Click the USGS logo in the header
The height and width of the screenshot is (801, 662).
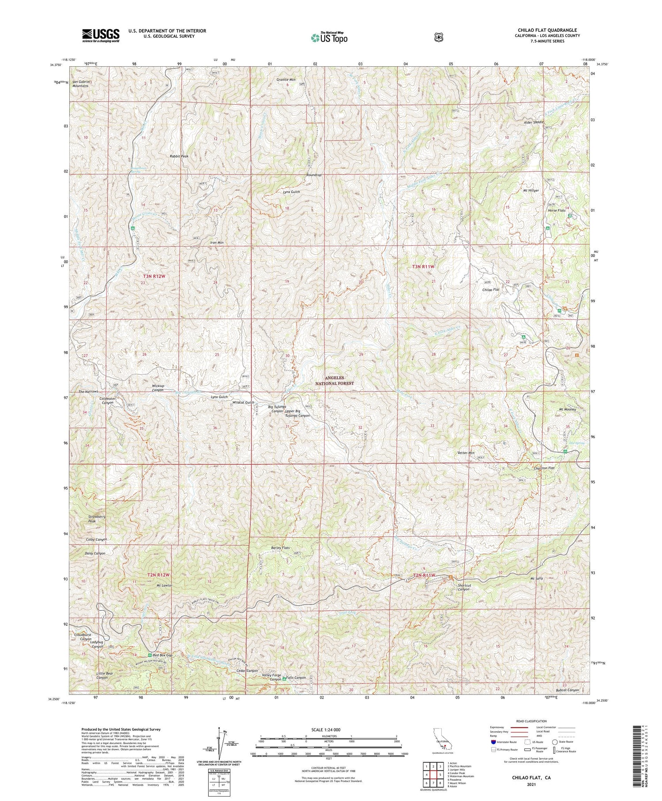coord(101,35)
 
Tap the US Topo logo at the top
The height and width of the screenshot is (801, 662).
coord(329,38)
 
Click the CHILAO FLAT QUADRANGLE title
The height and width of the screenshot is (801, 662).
coord(547,30)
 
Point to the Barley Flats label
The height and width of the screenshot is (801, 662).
coord(280,548)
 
